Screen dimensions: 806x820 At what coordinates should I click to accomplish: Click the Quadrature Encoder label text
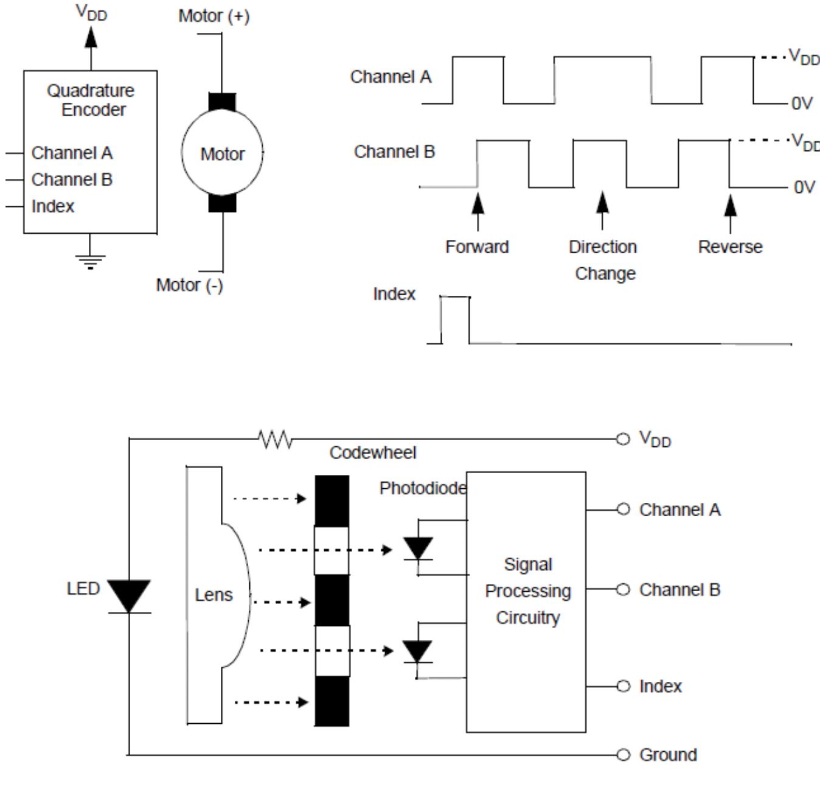point(91,100)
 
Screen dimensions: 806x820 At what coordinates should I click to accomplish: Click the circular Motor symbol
point(222,152)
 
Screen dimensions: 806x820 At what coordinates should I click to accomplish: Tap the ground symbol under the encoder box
point(90,261)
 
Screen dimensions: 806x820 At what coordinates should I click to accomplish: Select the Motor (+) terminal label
point(214,16)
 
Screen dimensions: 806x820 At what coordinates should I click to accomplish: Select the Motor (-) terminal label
point(189,285)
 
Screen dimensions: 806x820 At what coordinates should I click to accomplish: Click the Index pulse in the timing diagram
point(455,320)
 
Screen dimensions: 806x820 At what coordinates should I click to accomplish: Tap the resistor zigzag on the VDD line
point(274,438)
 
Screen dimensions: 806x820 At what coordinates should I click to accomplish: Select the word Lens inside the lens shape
point(214,595)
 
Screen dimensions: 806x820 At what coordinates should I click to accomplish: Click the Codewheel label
point(372,453)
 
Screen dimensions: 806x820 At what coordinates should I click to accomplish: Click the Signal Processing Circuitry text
point(527,591)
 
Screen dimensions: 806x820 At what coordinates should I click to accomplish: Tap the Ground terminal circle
point(623,755)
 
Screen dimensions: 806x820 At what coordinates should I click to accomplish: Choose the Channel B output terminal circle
point(623,589)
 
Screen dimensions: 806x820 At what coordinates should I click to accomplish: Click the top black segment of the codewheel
point(332,500)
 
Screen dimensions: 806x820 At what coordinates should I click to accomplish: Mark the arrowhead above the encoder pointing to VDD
point(91,38)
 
